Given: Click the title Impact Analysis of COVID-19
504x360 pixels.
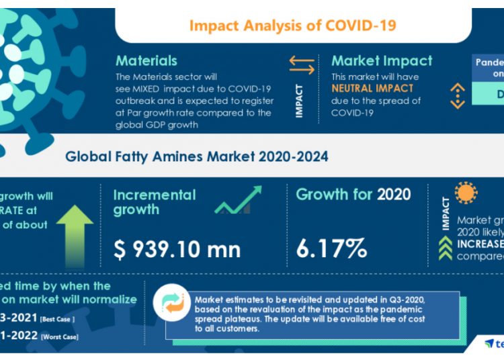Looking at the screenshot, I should [x=292, y=26].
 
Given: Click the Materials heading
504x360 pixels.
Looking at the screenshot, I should [x=146, y=61].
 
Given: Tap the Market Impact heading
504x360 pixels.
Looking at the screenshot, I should [x=382, y=61].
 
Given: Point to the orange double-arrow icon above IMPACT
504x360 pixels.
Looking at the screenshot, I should [x=302, y=65].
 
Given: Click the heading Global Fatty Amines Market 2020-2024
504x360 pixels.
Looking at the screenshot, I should [x=197, y=157].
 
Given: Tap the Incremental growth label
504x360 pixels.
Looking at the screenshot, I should [x=155, y=202].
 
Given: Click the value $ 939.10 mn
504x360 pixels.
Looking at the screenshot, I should [x=177, y=249].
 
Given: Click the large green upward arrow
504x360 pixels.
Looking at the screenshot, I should [x=75, y=232].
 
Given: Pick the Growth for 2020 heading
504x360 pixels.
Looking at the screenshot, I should [x=353, y=195].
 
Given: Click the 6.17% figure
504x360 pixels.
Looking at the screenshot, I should [x=332, y=249].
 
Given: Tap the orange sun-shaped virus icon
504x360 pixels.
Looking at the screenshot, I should [x=465, y=193].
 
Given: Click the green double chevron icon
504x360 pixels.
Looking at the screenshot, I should [x=445, y=249].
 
